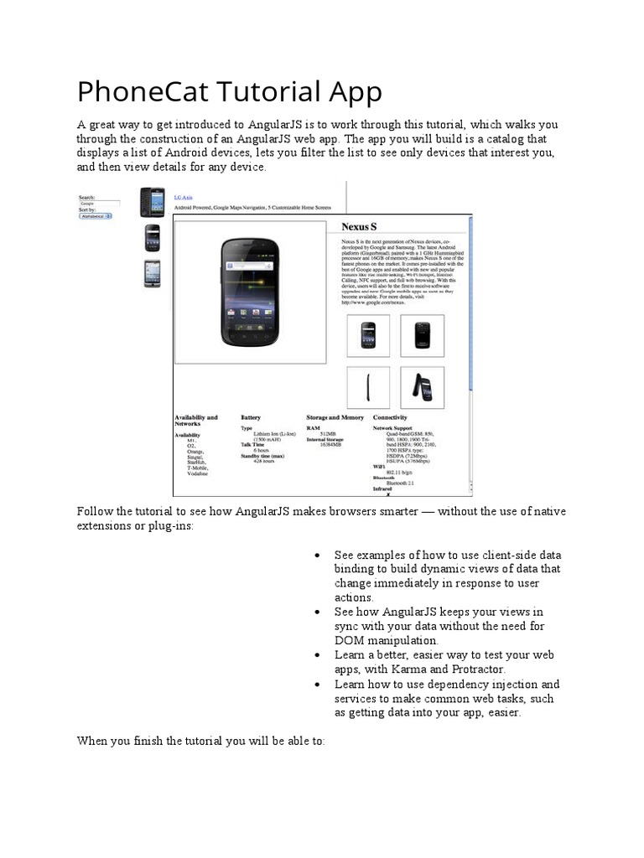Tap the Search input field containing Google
(98, 203)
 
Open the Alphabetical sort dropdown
(95, 216)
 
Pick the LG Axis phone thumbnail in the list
(152, 202)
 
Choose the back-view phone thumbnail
(422, 335)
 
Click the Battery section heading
(251, 417)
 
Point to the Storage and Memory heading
(335, 417)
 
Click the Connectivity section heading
(390, 417)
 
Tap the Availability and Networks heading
(195, 421)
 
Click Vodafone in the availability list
(198, 473)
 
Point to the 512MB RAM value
(328, 433)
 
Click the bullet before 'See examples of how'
(317, 556)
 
